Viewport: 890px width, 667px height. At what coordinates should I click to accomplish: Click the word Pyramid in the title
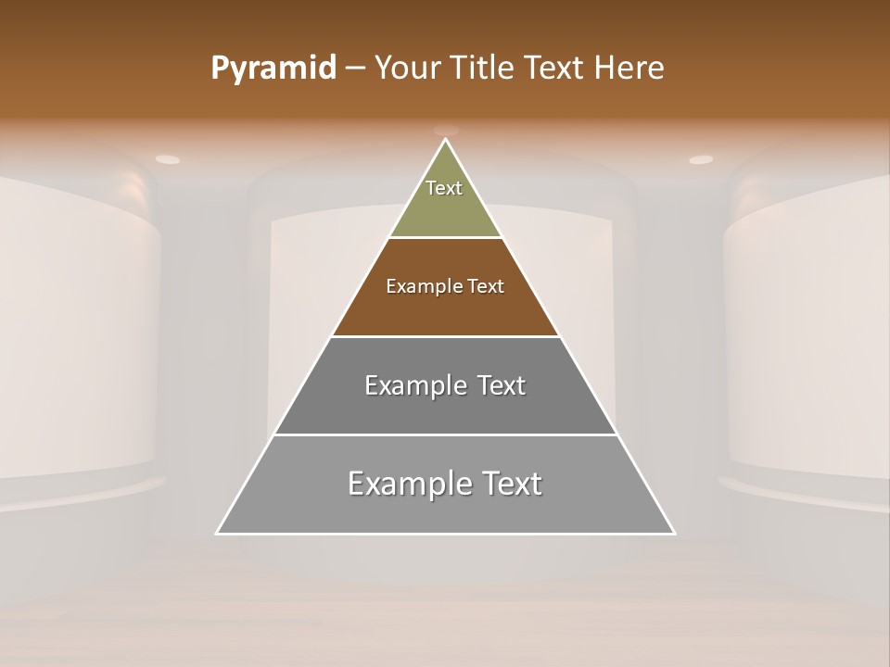pos(273,69)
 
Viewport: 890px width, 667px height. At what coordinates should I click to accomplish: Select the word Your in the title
pos(408,69)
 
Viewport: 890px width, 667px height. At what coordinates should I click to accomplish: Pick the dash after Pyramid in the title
pos(354,69)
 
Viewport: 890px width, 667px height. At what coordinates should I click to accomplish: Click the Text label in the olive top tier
pos(444,188)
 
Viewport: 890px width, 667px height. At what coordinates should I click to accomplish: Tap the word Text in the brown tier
pos(487,286)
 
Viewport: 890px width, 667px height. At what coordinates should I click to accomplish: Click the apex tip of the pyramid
pos(446,140)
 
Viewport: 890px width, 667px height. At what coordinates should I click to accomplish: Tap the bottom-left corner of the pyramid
pos(218,533)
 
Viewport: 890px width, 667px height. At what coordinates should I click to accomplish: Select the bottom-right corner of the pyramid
pos(674,533)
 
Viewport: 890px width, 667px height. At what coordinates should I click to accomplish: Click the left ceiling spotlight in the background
pos(168,159)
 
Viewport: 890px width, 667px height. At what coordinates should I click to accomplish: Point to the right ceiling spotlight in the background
pos(701,159)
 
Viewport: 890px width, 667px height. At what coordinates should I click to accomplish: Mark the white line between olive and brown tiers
pos(446,238)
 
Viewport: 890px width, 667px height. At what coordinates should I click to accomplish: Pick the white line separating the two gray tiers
pos(446,434)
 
